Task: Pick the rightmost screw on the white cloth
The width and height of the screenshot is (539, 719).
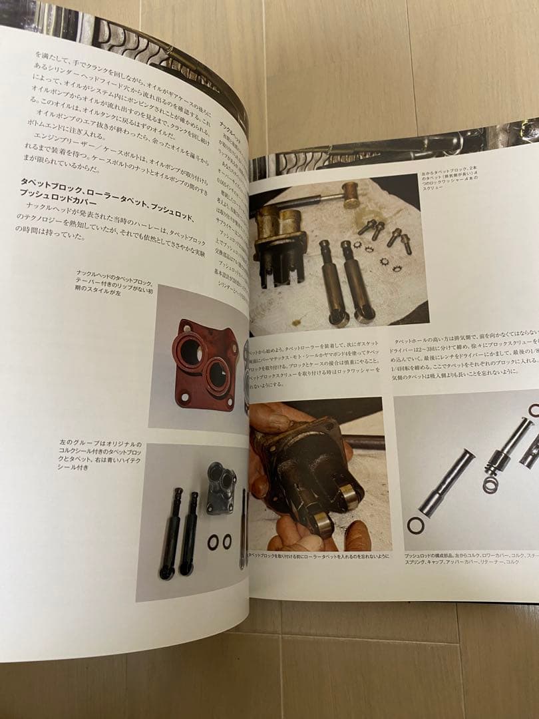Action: pos(405,243)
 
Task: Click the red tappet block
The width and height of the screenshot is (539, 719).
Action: pos(205,363)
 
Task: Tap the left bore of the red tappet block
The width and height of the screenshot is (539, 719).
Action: pos(190,352)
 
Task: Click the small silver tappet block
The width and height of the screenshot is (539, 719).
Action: pos(220,487)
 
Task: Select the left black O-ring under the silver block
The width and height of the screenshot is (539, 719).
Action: pos(213,542)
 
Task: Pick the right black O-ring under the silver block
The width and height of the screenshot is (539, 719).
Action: pos(227,541)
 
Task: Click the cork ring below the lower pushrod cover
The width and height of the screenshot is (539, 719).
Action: pos(415,525)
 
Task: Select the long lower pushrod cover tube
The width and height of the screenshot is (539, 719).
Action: pos(447,481)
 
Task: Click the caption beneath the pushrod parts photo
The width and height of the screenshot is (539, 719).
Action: pos(466,558)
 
